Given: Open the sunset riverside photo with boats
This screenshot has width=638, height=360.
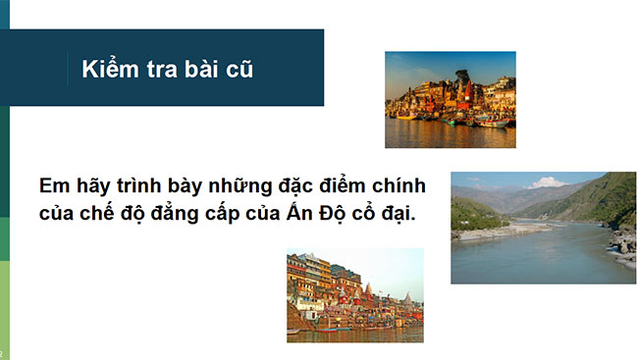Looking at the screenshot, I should pos(450,99).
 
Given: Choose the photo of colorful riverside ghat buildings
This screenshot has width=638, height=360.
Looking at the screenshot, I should pos(354,294).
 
